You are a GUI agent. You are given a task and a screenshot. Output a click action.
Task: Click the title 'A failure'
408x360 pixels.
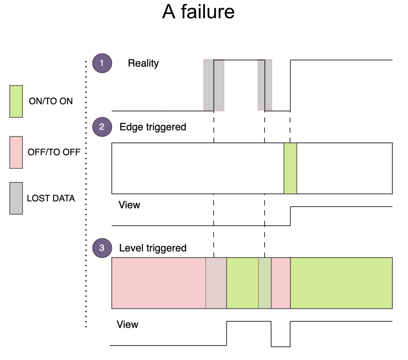click(x=198, y=12)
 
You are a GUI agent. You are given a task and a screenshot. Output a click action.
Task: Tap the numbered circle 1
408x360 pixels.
click(x=102, y=63)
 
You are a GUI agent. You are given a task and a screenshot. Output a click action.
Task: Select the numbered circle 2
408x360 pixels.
click(x=102, y=127)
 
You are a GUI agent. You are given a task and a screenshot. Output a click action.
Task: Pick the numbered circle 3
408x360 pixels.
click(x=102, y=248)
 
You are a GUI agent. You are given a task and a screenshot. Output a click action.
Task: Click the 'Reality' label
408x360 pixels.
click(x=143, y=63)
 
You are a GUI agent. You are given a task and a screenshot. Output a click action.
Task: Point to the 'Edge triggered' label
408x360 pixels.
click(x=153, y=127)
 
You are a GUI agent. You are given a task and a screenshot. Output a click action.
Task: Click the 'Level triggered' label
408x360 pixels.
click(x=153, y=248)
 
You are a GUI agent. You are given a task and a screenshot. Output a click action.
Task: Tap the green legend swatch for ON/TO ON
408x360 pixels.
click(x=16, y=101)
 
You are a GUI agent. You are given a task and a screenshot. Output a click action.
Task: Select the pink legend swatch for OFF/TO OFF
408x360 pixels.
click(x=16, y=152)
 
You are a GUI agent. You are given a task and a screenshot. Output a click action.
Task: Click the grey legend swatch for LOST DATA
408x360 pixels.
click(x=16, y=198)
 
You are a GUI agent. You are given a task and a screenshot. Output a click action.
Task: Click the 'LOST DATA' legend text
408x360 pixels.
click(x=51, y=198)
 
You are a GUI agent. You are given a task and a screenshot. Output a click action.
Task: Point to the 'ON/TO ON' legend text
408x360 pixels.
click(x=51, y=101)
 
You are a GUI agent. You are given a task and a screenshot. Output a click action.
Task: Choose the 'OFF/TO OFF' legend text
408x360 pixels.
click(x=54, y=152)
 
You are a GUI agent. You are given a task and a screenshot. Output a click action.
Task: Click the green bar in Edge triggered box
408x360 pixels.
click(x=290, y=168)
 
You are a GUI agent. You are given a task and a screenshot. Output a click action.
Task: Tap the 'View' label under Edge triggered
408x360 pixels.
click(x=129, y=205)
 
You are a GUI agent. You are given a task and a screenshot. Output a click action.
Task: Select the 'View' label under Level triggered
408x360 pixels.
click(x=127, y=324)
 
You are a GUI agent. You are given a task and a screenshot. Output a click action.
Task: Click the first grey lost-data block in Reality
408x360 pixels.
click(x=214, y=85)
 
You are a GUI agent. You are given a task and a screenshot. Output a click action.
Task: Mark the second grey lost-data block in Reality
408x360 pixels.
click(x=265, y=85)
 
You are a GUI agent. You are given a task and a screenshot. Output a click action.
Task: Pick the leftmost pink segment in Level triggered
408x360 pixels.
click(x=158, y=283)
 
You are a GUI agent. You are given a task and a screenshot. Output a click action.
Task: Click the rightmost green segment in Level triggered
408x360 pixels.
click(x=341, y=283)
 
